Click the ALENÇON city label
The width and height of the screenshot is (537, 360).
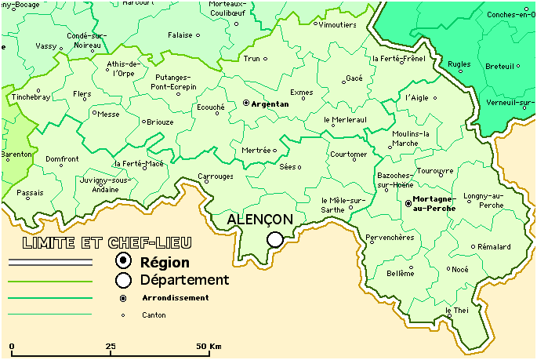pyautogui.click(x=259, y=220)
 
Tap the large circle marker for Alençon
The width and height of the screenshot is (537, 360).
pyautogui.click(x=274, y=239)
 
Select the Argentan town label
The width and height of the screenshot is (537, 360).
pyautogui.click(x=270, y=104)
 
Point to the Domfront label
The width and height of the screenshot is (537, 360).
pyautogui.click(x=62, y=159)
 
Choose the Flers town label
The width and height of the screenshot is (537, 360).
pyautogui.click(x=82, y=94)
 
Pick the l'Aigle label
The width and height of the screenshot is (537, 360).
pyautogui.click(x=418, y=98)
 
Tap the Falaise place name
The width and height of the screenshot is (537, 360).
pyautogui.click(x=180, y=35)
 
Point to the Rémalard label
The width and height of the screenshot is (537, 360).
pyautogui.click(x=493, y=247)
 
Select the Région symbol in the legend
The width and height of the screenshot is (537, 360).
pyautogui.click(x=123, y=261)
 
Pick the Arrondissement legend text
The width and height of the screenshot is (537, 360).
pyautogui.click(x=176, y=298)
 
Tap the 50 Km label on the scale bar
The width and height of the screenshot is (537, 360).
pyautogui.click(x=208, y=346)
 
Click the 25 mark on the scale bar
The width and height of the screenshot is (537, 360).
pyautogui.click(x=111, y=346)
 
